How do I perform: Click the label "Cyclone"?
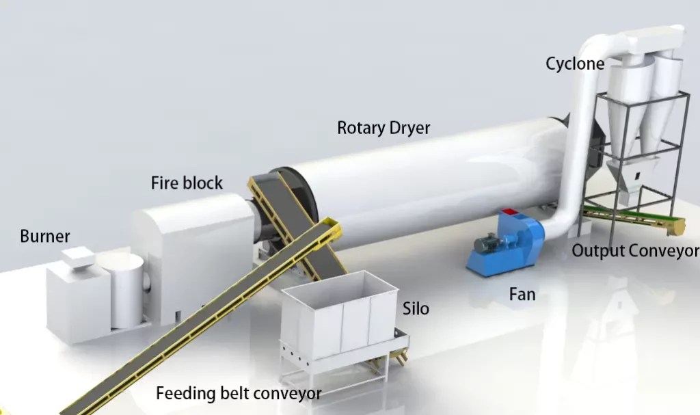pyautogui.click(x=574, y=64)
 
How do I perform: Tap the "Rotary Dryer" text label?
pyautogui.click(x=383, y=128)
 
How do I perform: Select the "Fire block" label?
pyautogui.click(x=187, y=183)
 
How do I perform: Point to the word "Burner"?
pyautogui.click(x=45, y=237)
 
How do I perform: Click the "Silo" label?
pyautogui.click(x=416, y=308)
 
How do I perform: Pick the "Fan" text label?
pyautogui.click(x=522, y=295)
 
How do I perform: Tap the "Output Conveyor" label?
pyautogui.click(x=635, y=250)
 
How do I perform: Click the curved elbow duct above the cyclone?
pyautogui.click(x=602, y=41)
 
